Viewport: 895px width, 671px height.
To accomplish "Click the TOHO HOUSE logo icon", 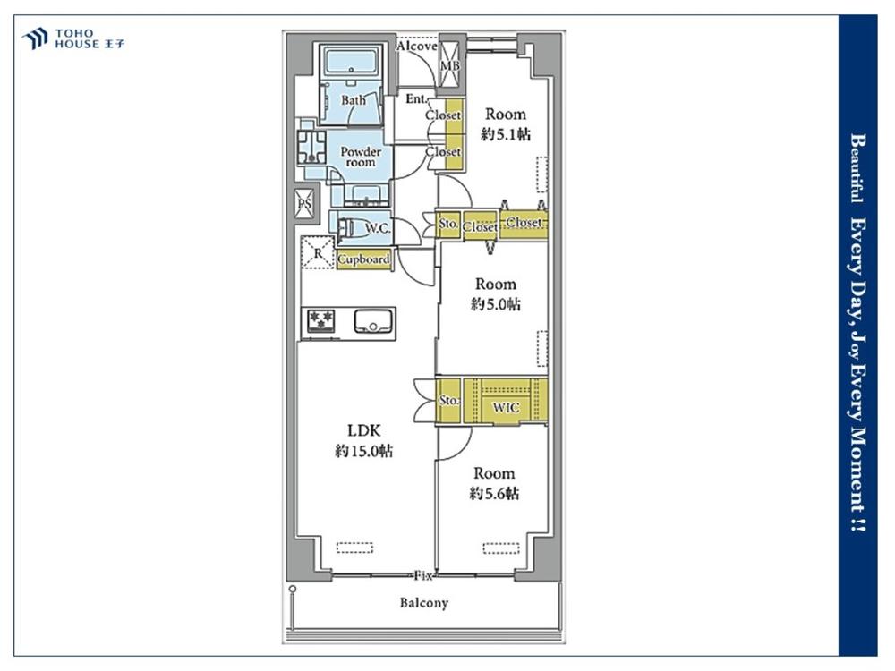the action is (34, 38).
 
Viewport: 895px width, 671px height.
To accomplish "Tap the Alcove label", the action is (417, 46).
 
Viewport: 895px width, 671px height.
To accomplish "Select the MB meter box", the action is (449, 64).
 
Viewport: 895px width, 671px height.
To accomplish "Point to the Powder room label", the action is (361, 157).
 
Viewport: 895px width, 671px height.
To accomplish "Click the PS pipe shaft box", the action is (304, 203).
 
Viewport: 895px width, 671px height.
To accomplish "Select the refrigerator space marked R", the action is (318, 251).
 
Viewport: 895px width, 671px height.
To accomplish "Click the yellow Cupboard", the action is (363, 259).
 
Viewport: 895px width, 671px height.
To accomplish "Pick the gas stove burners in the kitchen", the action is (320, 320).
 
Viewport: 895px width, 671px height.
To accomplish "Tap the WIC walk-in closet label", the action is (506, 407).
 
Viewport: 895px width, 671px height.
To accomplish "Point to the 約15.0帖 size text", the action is (363, 451).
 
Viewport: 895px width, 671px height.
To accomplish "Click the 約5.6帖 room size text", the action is (494, 493).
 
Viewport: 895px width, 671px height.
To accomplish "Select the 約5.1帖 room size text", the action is (506, 134).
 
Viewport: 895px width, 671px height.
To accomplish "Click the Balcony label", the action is (423, 602).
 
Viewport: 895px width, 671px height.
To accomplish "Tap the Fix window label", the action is (423, 575).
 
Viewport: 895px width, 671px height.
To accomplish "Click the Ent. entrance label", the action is (417, 99).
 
